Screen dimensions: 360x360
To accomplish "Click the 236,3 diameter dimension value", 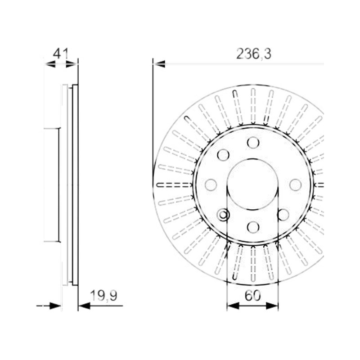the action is point(254,54).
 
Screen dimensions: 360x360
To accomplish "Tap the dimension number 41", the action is point(61,54).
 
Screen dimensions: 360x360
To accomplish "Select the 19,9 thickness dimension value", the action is point(104,296).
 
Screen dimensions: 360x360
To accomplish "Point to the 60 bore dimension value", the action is point(253,296).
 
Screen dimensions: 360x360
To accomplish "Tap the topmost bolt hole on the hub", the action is point(253,143).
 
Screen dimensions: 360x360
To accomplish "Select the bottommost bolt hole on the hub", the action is point(253,227).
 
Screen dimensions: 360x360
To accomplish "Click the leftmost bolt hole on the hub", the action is point(211,184).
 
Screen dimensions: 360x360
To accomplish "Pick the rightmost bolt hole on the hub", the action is point(296,184).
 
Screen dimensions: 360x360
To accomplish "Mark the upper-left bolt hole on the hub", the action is point(223,155).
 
